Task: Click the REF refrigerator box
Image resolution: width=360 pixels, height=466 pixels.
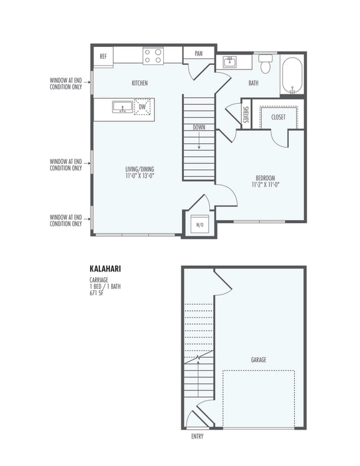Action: [103, 56]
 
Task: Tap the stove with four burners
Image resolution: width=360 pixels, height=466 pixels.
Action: [152, 56]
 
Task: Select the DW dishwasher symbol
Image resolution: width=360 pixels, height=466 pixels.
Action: [142, 107]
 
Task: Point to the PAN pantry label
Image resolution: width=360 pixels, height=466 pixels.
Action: [199, 54]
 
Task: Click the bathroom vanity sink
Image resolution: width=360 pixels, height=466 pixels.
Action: [229, 61]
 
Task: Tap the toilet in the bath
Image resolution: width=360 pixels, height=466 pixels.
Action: [266, 64]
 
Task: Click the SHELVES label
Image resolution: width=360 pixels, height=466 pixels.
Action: [246, 116]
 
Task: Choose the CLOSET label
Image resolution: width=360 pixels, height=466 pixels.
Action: [279, 117]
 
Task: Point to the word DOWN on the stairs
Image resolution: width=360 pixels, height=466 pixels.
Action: [199, 127]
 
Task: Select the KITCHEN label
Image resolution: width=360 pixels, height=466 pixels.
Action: [139, 83]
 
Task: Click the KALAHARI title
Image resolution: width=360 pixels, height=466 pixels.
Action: [106, 269]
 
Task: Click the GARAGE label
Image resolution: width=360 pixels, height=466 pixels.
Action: [259, 360]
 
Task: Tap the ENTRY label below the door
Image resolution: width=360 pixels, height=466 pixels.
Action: [197, 437]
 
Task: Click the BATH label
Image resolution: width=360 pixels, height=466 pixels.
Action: [253, 83]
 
